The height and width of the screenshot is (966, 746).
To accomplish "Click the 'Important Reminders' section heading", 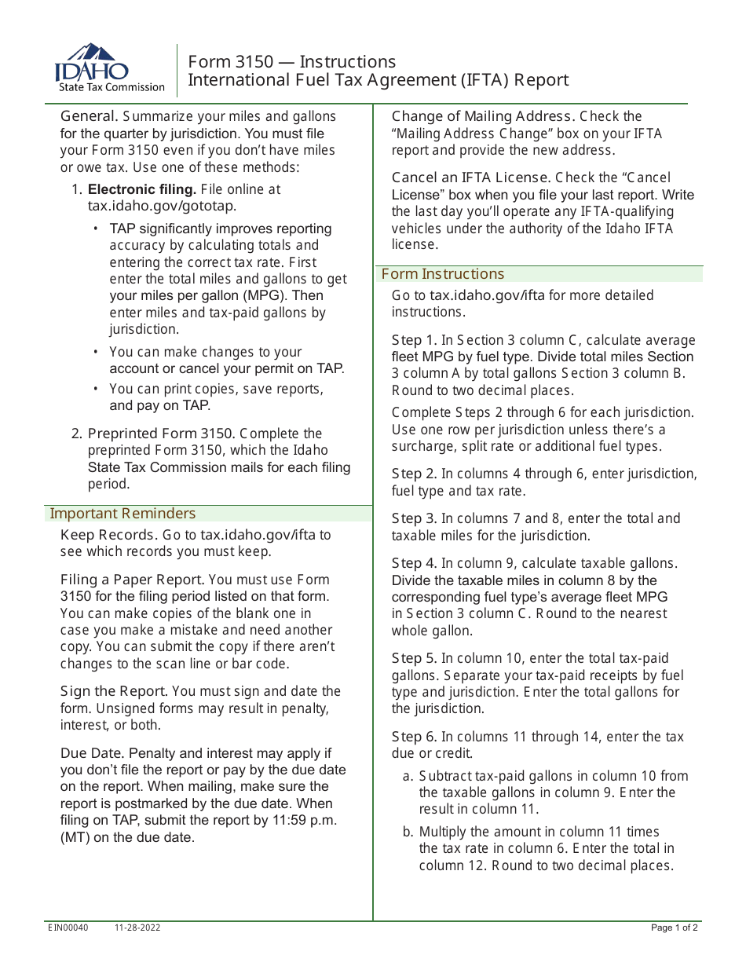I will tap(123, 514).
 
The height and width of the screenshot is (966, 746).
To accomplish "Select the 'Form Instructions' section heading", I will tap(443, 274).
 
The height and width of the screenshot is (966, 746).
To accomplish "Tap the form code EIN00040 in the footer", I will tap(68, 928).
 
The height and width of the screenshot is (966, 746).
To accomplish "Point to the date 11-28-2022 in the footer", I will tap(137, 928).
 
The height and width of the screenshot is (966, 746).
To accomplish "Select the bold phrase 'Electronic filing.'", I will tap(142, 189).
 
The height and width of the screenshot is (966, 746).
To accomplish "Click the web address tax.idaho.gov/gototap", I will tap(162, 206).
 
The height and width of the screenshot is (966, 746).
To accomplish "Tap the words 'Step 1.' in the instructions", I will tap(415, 340).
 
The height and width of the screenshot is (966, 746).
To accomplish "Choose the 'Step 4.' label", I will tap(415, 563).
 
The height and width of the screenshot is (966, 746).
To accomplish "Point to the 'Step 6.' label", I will tap(415, 737).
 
